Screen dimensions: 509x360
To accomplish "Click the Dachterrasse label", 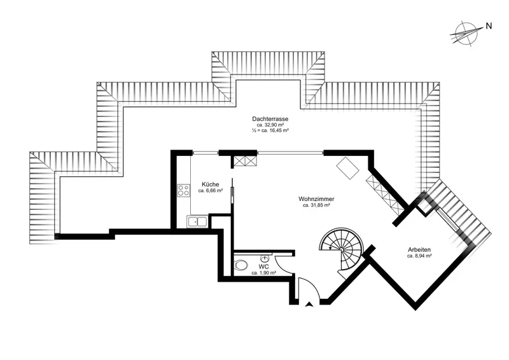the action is click(x=270, y=119).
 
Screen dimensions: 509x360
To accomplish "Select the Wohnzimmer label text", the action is click(x=316, y=199).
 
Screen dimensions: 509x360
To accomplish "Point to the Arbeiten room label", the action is click(x=419, y=249).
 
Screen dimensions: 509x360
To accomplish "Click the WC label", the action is click(x=263, y=267).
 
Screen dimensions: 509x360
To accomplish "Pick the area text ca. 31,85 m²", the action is click(x=316, y=205).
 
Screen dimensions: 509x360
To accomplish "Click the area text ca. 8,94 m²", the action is click(x=419, y=256).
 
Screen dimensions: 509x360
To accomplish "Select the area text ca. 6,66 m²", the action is click(x=211, y=191).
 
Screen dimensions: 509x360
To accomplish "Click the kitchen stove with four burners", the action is click(x=183, y=190).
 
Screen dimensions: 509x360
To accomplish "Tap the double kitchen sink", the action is click(x=197, y=222).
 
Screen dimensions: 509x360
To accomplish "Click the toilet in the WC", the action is click(x=240, y=265).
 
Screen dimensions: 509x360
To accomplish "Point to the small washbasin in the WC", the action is click(x=265, y=258).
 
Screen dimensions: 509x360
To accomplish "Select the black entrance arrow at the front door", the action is click(x=309, y=304).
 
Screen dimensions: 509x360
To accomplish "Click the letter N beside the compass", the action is click(x=489, y=26).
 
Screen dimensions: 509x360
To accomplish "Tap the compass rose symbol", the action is click(x=465, y=34).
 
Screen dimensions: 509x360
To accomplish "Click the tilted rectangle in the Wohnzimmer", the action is click(x=347, y=168).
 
